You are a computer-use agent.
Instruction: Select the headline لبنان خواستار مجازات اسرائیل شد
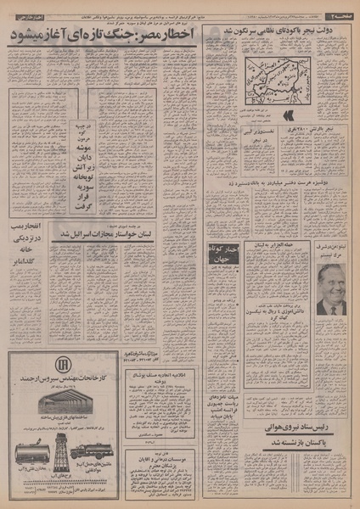(x=152, y=232)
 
